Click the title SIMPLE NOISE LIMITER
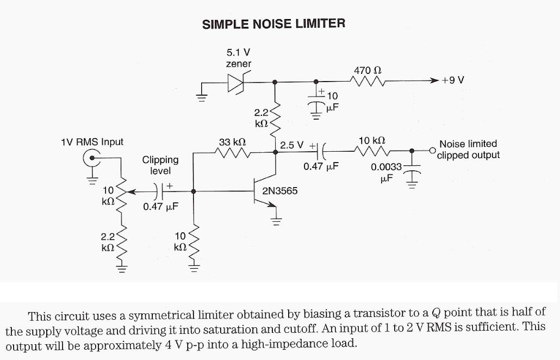(273, 24)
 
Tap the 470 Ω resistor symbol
(369, 82)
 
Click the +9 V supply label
(453, 80)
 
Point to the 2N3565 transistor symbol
(266, 191)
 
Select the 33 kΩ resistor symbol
(232, 153)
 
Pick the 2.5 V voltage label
(292, 146)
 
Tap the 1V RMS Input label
(92, 142)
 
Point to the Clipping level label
(160, 165)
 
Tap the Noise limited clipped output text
(468, 150)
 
